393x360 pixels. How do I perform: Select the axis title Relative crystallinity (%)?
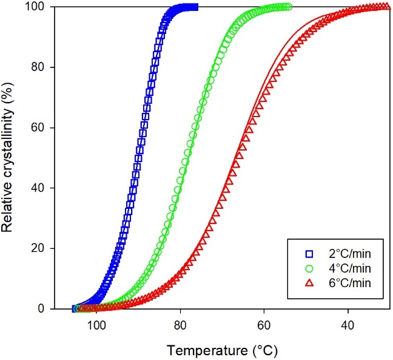[8, 158]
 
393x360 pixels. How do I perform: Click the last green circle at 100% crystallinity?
[289, 7]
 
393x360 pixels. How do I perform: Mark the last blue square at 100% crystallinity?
[195, 7]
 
